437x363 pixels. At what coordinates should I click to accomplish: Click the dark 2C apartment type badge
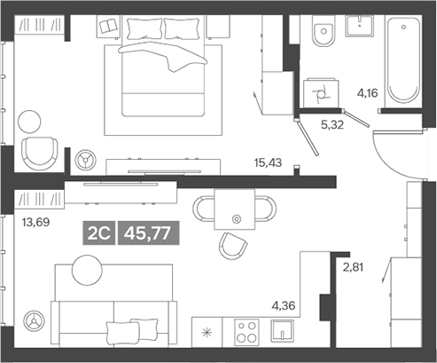coord(99,233)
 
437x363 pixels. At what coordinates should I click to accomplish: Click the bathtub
coord(406,58)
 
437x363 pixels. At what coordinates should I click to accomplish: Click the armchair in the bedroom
coord(38,153)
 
